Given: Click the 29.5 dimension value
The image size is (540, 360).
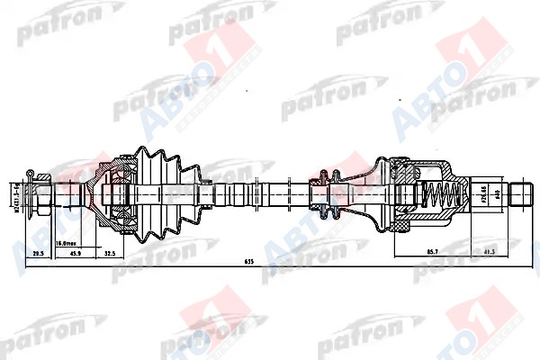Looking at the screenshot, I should (x=39, y=255).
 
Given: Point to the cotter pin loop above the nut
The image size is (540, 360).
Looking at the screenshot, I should (x=30, y=171).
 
